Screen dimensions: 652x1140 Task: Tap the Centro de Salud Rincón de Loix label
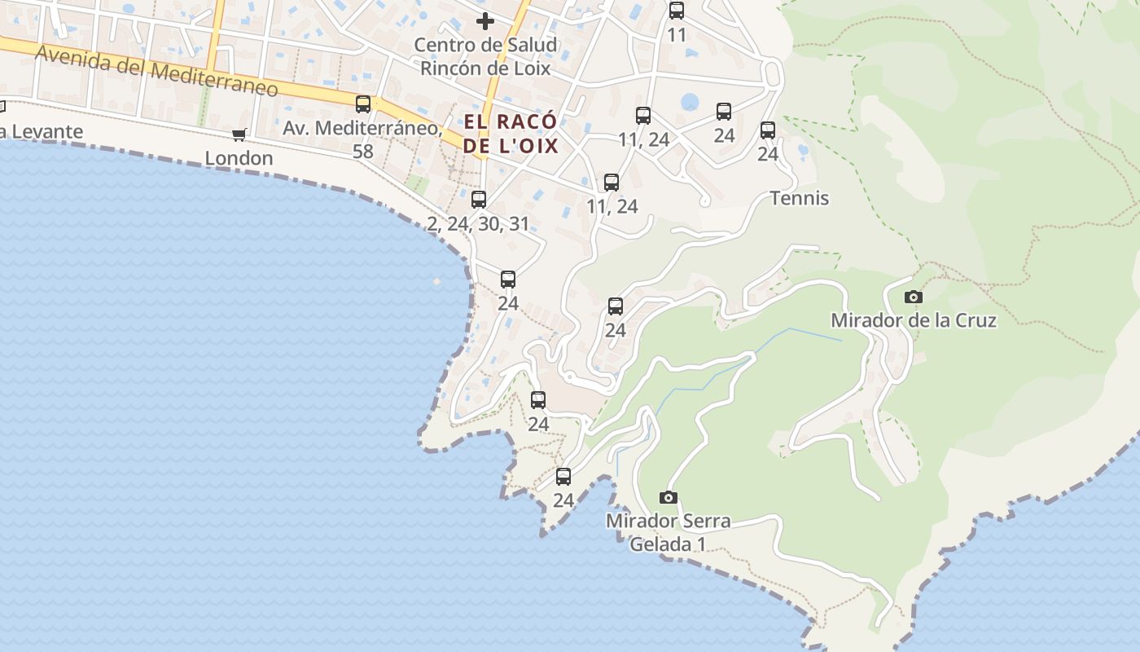pyautogui.click(x=485, y=56)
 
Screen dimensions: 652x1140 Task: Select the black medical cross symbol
pyautogui.click(x=485, y=21)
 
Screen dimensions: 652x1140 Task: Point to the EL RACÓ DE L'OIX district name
pyautogui.click(x=511, y=134)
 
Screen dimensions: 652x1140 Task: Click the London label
pyautogui.click(x=239, y=158)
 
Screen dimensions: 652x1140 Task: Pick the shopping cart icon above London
pyautogui.click(x=239, y=134)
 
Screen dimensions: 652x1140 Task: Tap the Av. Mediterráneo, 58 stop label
pyautogui.click(x=363, y=139)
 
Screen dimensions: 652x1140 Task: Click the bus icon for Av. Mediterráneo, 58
pyautogui.click(x=363, y=104)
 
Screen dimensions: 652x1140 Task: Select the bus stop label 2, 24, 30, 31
pyautogui.click(x=478, y=223)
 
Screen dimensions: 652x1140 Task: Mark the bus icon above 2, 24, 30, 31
pyautogui.click(x=479, y=200)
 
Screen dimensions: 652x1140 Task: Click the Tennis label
pyautogui.click(x=800, y=198)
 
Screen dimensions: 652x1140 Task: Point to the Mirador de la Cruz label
pyautogui.click(x=914, y=320)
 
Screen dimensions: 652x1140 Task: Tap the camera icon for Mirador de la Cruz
pyautogui.click(x=914, y=297)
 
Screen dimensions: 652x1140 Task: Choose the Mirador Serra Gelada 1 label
pyautogui.click(x=668, y=532)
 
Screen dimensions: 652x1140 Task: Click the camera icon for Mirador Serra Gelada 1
pyautogui.click(x=668, y=497)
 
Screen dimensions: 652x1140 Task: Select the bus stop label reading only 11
pyautogui.click(x=677, y=35)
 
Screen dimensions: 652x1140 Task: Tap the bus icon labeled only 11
pyautogui.click(x=677, y=11)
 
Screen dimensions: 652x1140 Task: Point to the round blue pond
pyautogui.click(x=690, y=102)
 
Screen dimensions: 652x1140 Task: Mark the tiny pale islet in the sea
pyautogui.click(x=437, y=281)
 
